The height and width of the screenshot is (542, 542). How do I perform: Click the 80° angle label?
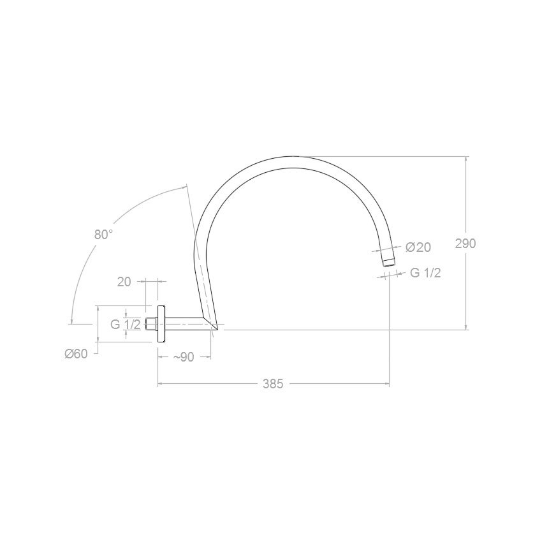coord(104,235)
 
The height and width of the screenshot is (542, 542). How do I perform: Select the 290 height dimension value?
coord(465,244)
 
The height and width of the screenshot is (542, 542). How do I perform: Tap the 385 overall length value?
coord(273,384)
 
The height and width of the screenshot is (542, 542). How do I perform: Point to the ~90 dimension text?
coord(184,356)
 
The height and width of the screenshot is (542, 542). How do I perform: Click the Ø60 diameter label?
coord(76,354)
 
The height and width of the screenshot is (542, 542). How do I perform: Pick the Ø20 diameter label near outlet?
coord(418,247)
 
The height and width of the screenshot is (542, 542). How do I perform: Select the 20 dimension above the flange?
coord(124,282)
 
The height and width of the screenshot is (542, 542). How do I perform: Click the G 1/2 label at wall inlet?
coord(126,324)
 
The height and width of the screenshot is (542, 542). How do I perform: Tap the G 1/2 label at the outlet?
coord(425,273)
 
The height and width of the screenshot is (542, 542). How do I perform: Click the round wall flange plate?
coord(161,324)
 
